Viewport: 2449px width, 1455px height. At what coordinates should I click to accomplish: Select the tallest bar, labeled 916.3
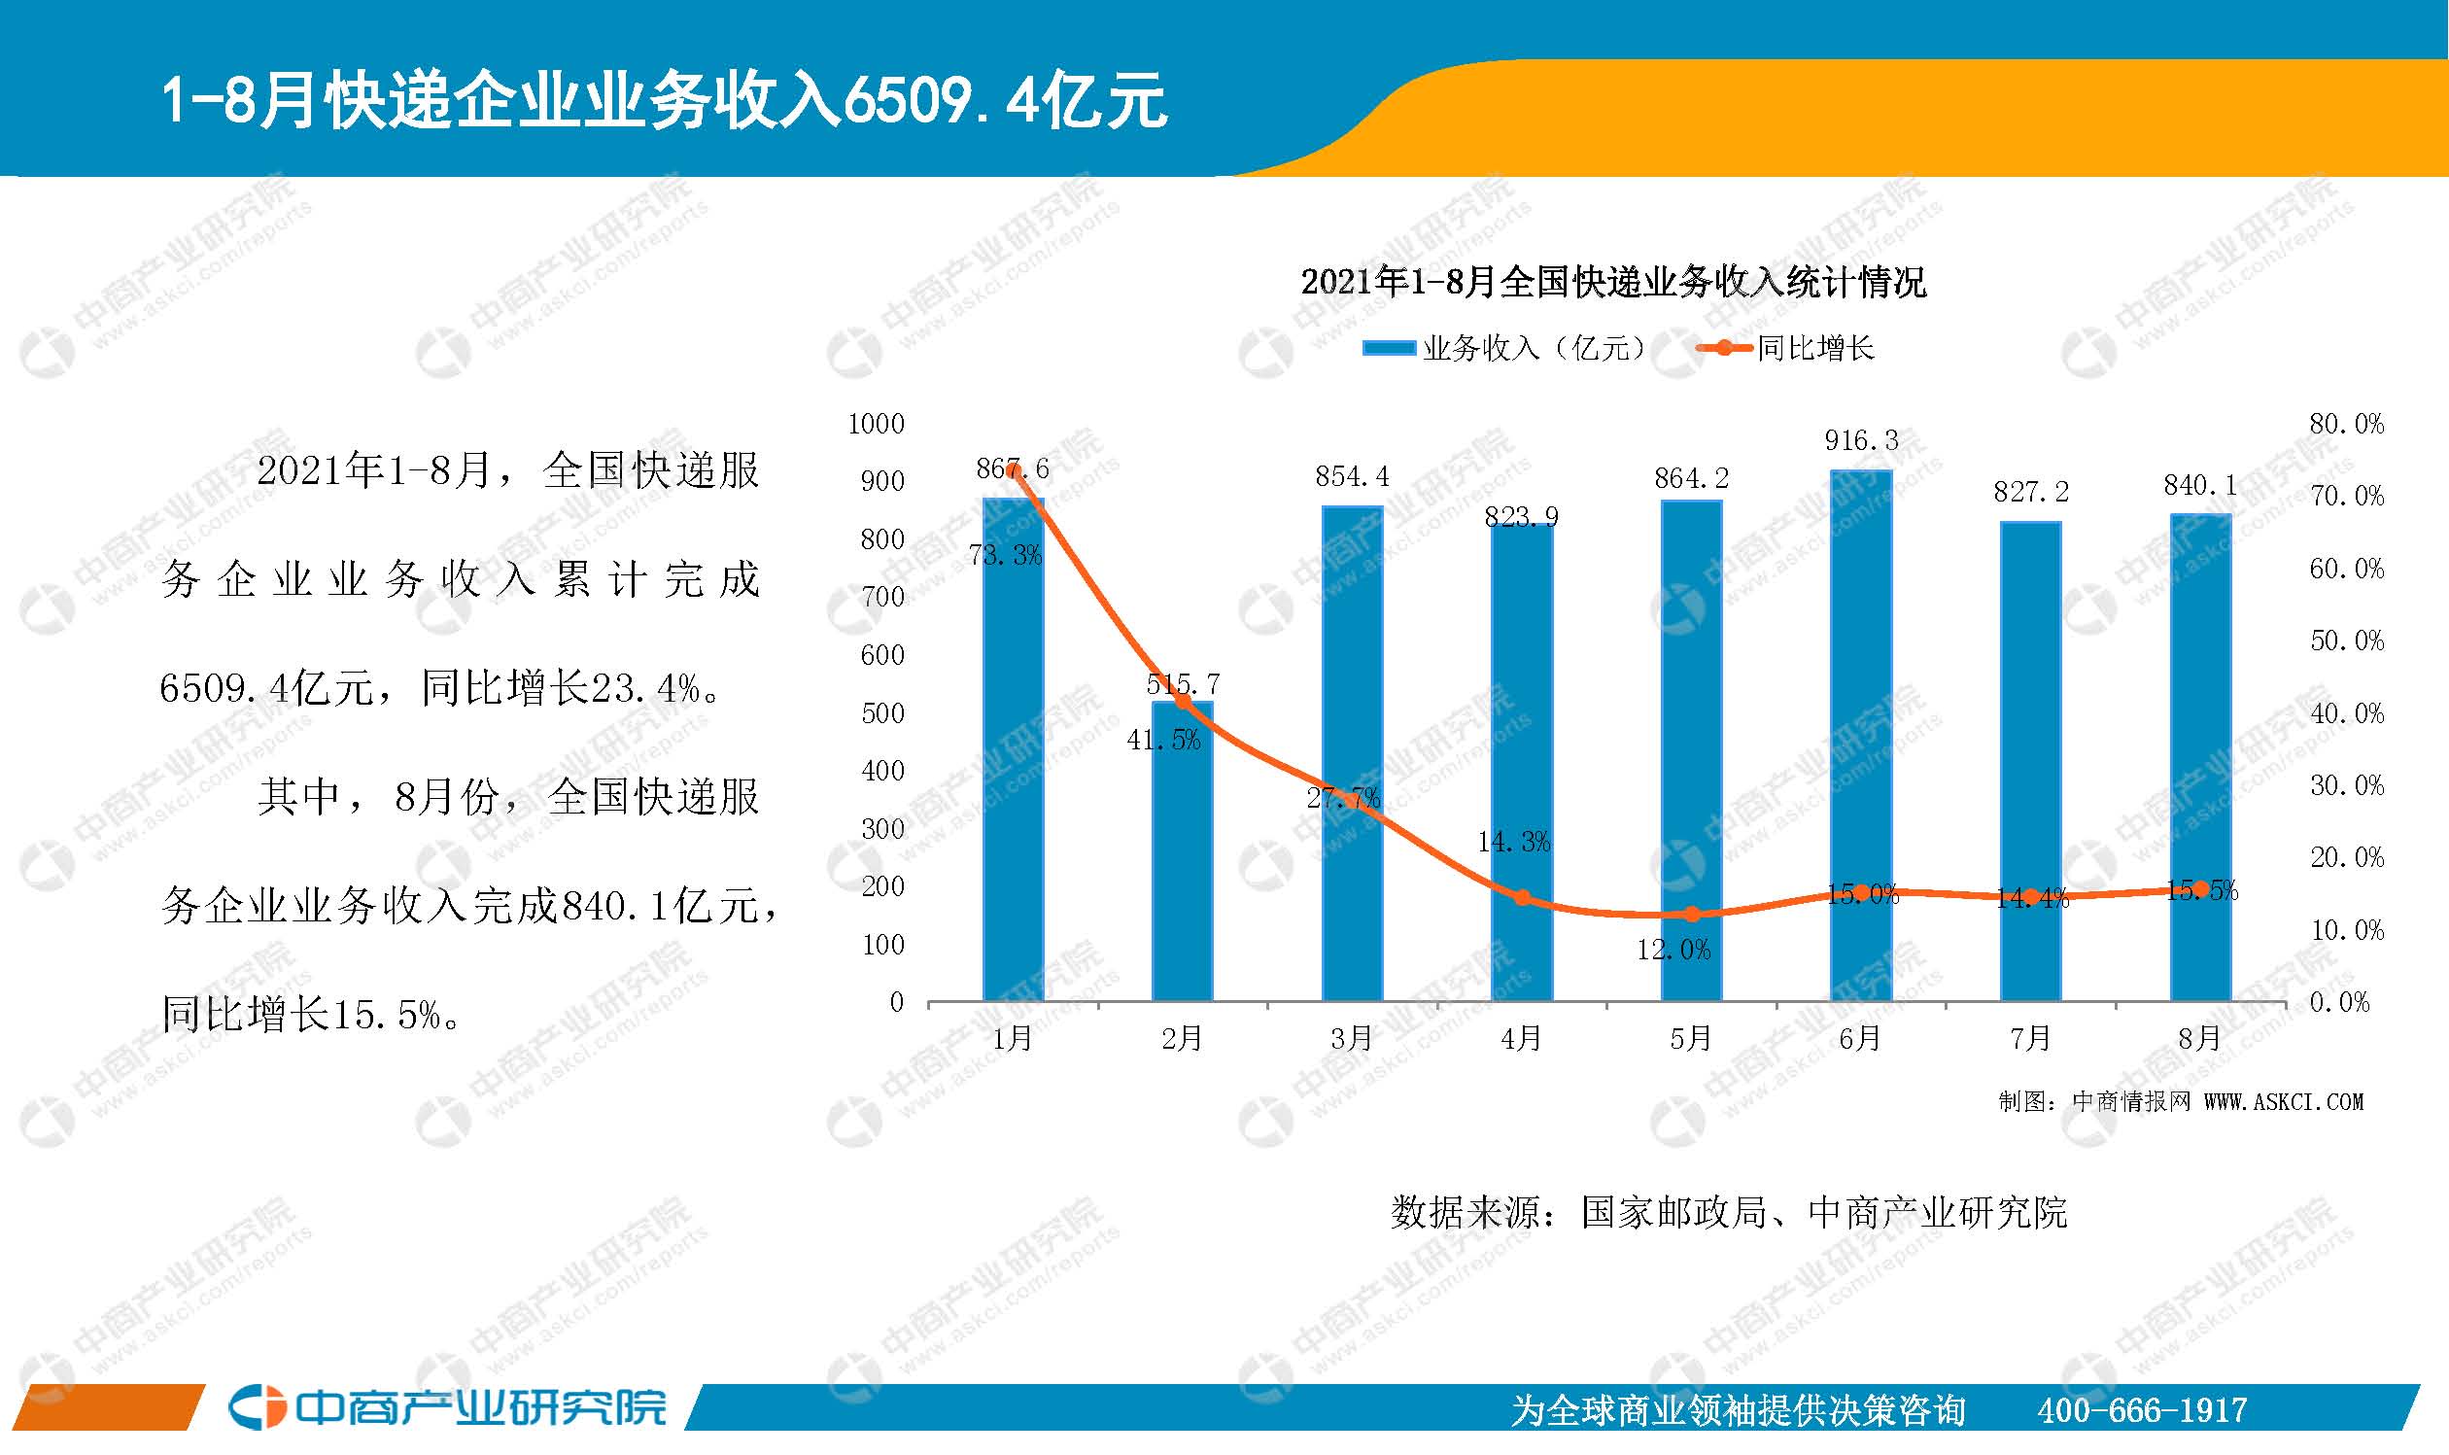click(x=1860, y=736)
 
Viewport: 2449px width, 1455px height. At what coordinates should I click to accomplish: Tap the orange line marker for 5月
click(x=1691, y=914)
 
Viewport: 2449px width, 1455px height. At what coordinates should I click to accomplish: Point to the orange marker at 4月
click(x=1522, y=897)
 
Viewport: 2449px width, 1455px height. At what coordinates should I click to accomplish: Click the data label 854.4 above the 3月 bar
click(x=1352, y=476)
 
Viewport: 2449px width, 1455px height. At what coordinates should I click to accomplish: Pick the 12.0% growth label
click(x=1673, y=949)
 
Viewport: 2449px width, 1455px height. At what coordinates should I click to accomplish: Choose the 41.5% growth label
click(x=1162, y=741)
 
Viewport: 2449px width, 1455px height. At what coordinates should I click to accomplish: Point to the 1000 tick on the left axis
click(x=876, y=424)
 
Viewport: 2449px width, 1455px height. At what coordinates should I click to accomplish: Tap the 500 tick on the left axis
click(x=882, y=712)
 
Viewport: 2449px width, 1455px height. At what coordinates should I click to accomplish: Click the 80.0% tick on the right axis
click(x=2346, y=424)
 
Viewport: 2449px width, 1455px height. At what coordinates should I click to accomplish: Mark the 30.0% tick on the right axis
click(x=2346, y=785)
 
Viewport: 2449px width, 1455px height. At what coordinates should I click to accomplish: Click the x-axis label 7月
click(x=2029, y=1037)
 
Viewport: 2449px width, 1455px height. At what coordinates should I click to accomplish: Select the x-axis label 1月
click(x=1012, y=1037)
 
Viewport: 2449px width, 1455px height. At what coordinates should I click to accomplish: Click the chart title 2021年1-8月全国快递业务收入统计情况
click(x=1612, y=283)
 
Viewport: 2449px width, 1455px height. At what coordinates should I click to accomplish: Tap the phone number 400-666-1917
click(x=2141, y=1410)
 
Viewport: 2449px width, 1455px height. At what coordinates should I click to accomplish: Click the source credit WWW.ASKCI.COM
click(x=2284, y=1102)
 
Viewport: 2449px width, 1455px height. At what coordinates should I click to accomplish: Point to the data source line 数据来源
click(x=1728, y=1213)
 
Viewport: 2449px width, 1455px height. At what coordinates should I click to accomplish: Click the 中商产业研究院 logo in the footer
click(x=448, y=1408)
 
